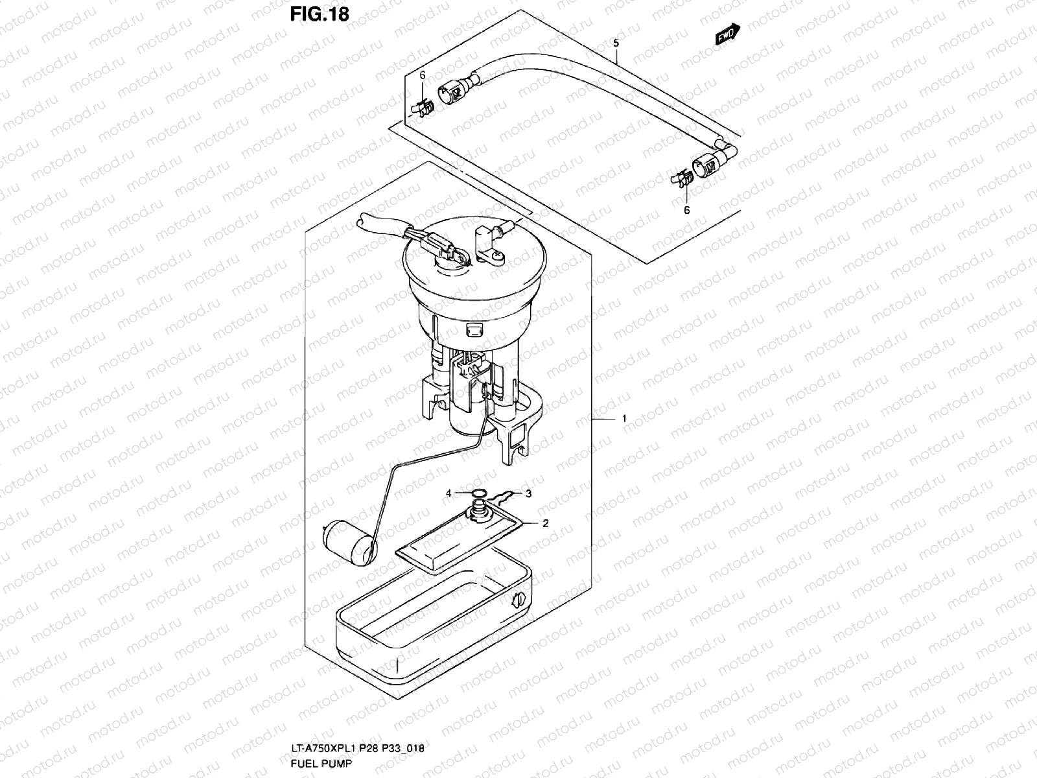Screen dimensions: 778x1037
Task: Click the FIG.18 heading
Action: (x=320, y=14)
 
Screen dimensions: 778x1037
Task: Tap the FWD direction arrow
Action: (x=727, y=34)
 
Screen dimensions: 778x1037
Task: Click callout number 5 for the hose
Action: (x=616, y=44)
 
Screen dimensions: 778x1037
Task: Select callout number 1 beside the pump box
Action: (x=624, y=419)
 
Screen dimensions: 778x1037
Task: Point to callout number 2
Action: (x=546, y=523)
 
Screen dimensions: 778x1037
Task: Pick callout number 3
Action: (x=528, y=493)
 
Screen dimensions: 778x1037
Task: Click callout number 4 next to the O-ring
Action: (x=448, y=493)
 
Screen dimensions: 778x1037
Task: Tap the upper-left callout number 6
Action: (x=422, y=76)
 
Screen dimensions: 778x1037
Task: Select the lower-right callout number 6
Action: (x=686, y=209)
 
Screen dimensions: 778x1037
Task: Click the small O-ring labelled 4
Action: (x=478, y=495)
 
